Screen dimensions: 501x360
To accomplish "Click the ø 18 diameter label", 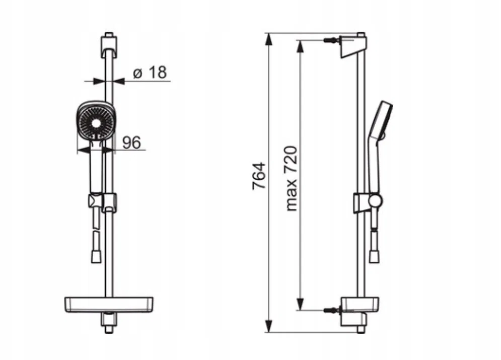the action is pyautogui.click(x=150, y=73).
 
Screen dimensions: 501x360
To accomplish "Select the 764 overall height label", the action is pyautogui.click(x=259, y=176).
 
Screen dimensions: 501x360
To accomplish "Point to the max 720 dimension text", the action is pyautogui.click(x=291, y=179).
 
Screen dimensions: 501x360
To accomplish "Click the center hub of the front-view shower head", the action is pyautogui.click(x=96, y=123).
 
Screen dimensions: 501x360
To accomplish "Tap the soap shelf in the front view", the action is pyautogui.click(x=109, y=305).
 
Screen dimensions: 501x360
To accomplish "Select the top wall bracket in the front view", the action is pyautogui.click(x=109, y=46).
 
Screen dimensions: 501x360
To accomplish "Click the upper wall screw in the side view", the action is pyautogui.click(x=330, y=41).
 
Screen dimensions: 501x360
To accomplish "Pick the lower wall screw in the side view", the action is pyautogui.click(x=330, y=310).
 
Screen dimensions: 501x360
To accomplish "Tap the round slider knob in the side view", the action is pyautogui.click(x=375, y=200).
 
